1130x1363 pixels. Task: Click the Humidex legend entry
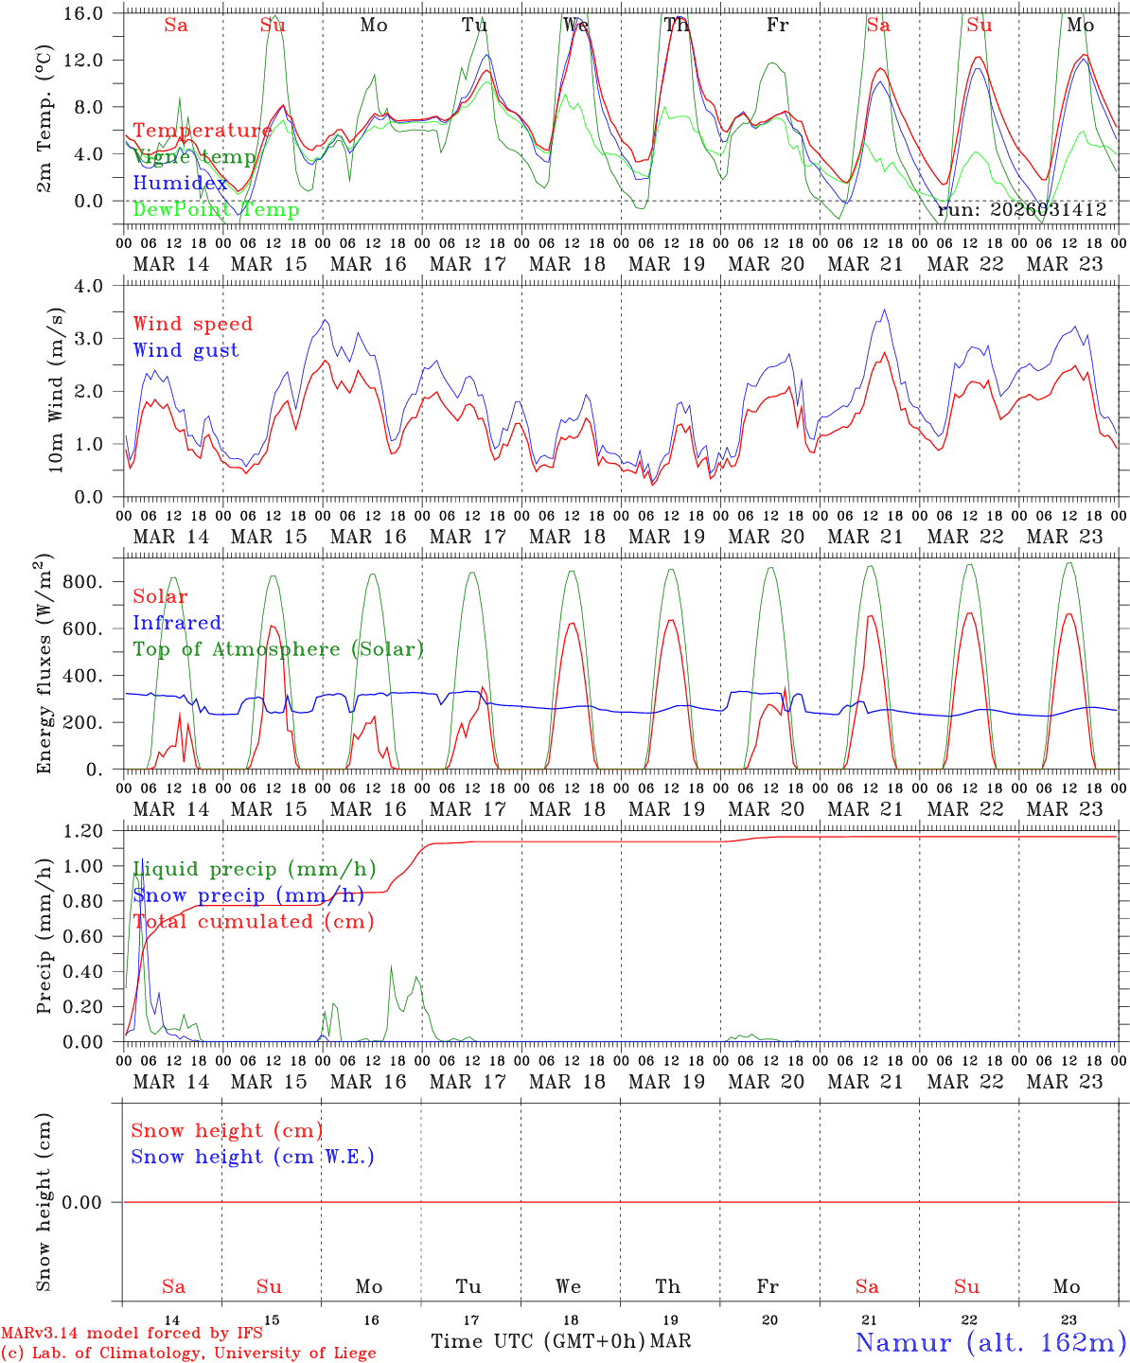tap(180, 184)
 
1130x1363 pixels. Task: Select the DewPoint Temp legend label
tap(216, 210)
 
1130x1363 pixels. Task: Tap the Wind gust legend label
tap(185, 350)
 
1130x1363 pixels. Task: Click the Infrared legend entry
tap(177, 623)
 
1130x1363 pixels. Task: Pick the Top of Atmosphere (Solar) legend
tap(277, 649)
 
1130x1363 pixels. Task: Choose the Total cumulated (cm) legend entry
tap(253, 922)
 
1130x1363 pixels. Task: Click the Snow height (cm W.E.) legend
tap(252, 1157)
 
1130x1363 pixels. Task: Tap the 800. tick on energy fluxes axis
tap(82, 581)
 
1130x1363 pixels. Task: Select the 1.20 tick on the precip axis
tap(84, 832)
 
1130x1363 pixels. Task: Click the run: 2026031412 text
tap(1022, 210)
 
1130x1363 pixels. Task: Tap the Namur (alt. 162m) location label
tap(990, 1342)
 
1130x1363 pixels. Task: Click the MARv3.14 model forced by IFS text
tap(132, 1333)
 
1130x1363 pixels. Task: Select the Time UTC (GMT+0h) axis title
tap(538, 1341)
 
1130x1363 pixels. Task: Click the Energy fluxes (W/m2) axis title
tap(44, 666)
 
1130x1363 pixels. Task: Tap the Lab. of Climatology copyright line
tap(188, 1354)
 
